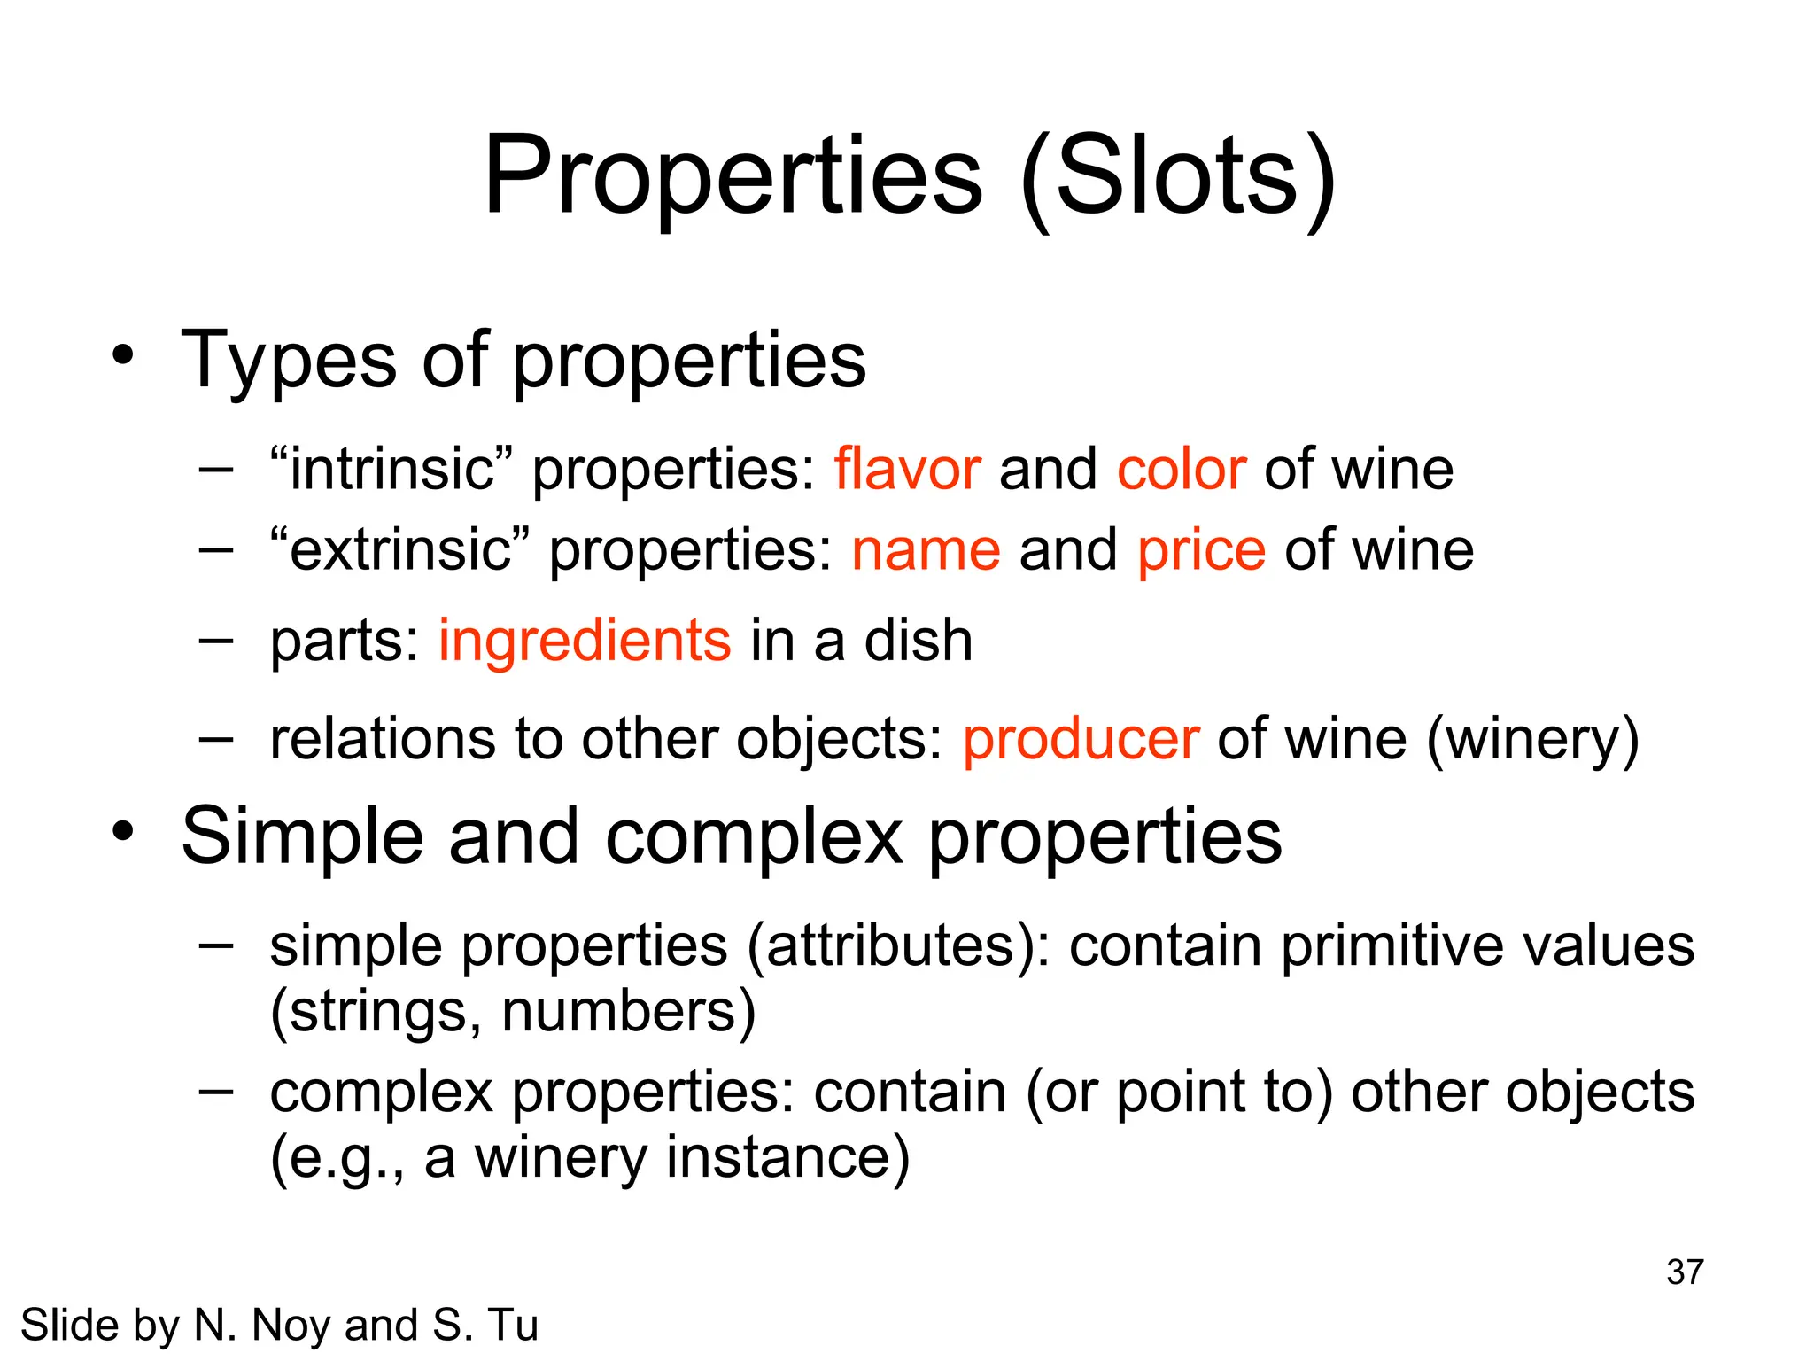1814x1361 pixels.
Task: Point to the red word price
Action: [x=1201, y=551]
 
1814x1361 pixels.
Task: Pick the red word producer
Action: [x=1081, y=739]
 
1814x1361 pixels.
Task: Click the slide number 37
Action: [x=1684, y=1272]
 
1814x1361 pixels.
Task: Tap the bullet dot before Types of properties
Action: [x=123, y=356]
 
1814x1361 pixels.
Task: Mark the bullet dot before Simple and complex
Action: [x=123, y=831]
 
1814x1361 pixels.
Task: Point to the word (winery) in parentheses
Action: [x=1532, y=739]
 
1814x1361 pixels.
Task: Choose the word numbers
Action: [x=628, y=1011]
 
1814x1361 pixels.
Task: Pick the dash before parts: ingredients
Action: [x=215, y=640]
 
